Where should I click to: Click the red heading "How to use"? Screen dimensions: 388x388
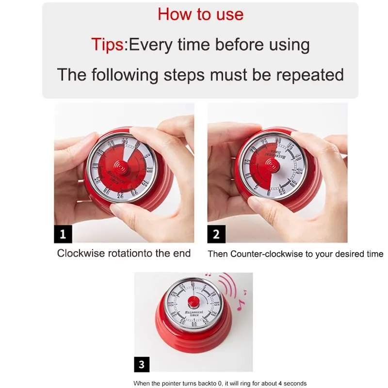tap(200, 14)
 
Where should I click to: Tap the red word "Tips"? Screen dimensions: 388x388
tap(107, 45)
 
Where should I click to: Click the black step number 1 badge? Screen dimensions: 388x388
tap(63, 234)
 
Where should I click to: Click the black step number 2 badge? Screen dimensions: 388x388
tap(216, 234)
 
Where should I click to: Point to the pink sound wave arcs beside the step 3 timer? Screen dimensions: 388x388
tap(228, 286)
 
